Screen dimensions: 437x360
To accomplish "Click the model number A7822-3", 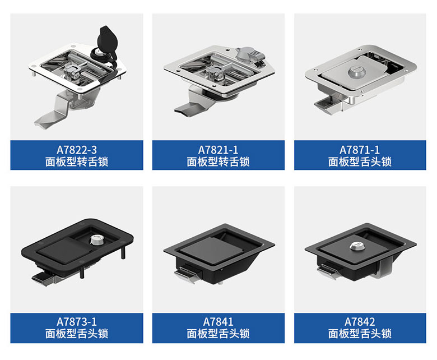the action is coord(77,150).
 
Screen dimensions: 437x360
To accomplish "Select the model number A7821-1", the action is coord(218,150).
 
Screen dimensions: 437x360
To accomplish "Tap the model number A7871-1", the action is coord(360,150).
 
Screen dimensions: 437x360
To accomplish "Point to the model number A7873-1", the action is coord(77,322).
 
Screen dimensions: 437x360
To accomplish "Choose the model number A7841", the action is coord(218,322).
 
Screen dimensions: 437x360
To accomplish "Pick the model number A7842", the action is coord(360,322).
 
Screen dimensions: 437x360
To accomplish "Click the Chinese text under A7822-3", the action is coord(77,161).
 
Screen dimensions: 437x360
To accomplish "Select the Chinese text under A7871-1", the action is coord(360,161).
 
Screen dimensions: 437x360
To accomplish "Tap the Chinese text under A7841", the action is coord(218,334).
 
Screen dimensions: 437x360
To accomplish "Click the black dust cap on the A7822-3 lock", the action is coord(108,40).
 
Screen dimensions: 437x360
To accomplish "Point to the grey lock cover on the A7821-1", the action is coord(249,54).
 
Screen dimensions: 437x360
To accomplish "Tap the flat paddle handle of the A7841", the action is coord(212,249).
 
